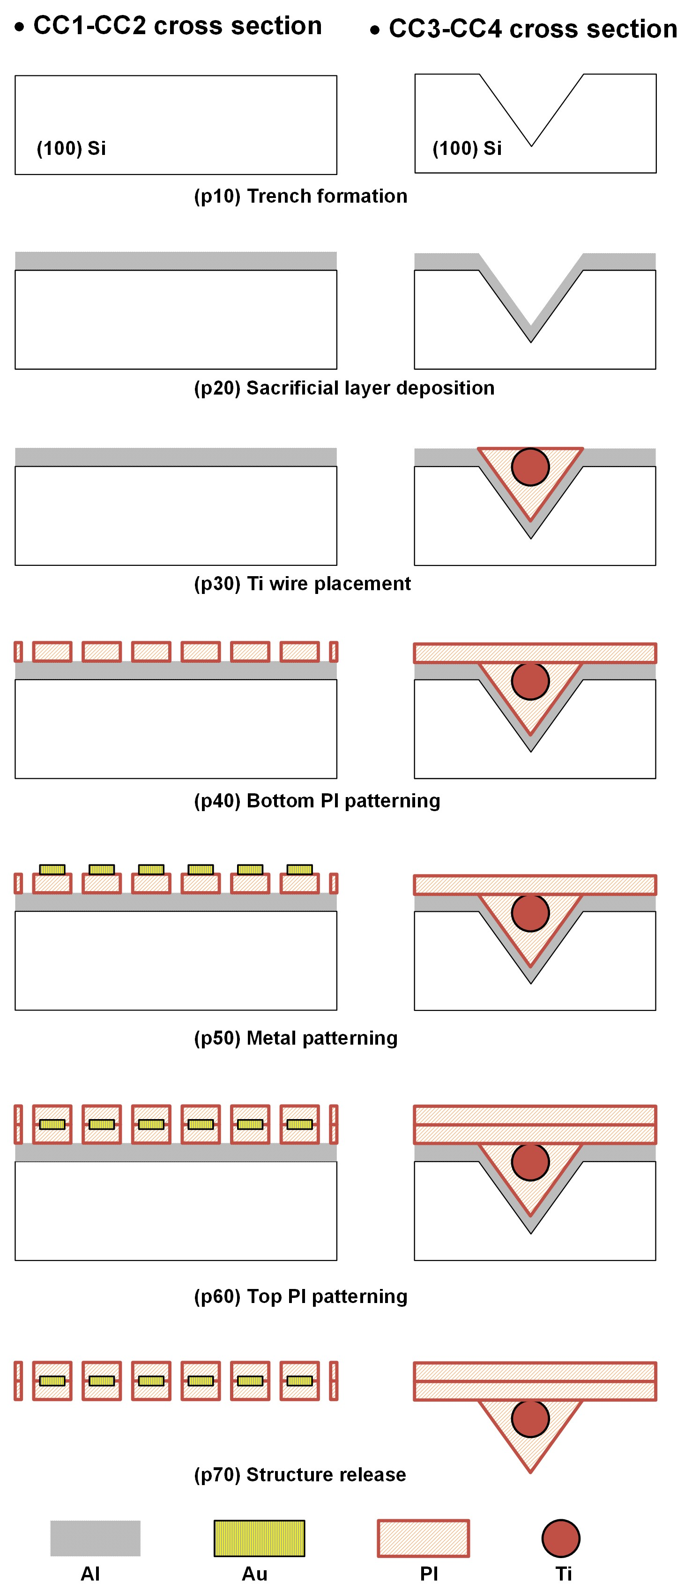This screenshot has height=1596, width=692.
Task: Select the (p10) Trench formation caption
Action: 301,196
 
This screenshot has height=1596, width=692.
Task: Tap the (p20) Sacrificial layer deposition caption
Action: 344,388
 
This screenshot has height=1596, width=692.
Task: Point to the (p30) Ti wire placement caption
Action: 303,584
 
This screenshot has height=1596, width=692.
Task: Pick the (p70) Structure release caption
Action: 300,1475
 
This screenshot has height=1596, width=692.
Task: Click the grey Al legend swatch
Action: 96,1538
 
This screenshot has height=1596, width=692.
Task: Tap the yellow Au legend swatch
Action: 259,1538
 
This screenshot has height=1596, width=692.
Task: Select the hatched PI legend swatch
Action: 424,1538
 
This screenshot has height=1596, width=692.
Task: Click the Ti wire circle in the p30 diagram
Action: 530,467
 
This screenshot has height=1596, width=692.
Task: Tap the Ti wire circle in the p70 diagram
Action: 530,1419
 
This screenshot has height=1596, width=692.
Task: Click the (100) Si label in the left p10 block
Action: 71,149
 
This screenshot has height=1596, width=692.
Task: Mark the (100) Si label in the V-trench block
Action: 467,149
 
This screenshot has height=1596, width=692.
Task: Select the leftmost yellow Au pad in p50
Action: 52,869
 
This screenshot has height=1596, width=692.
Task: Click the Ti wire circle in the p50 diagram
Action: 530,913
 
